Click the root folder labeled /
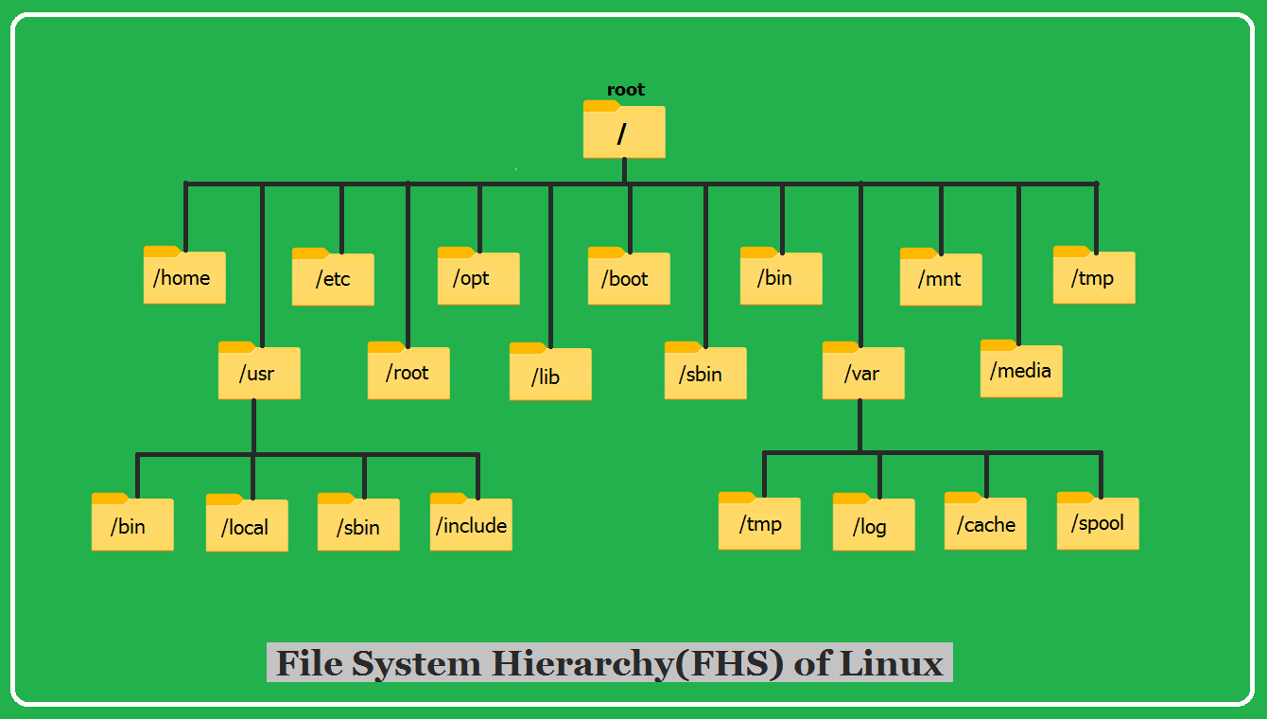(624, 132)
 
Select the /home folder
(184, 277)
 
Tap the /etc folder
(333, 279)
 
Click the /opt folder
(478, 278)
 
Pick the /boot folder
(629, 278)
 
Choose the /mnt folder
(941, 279)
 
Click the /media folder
(1021, 370)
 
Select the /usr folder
(259, 373)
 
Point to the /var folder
(863, 373)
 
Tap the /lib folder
(550, 375)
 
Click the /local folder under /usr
(247, 525)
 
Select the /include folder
(471, 524)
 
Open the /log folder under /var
(874, 524)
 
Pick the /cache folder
(985, 523)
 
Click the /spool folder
(1098, 522)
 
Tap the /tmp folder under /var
(759, 522)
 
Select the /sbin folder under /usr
(358, 525)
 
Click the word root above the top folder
(625, 90)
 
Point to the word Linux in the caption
(892, 663)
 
